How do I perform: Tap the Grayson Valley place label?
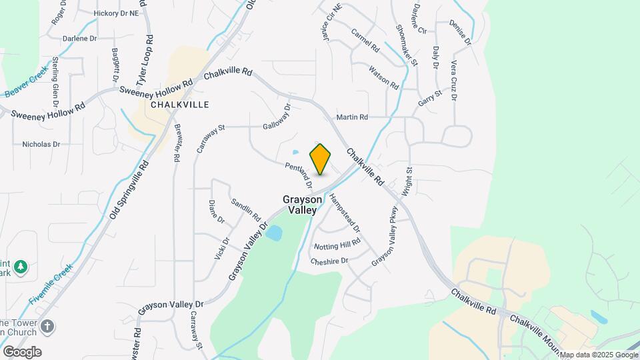tap(303, 205)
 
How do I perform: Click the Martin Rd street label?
tap(352, 117)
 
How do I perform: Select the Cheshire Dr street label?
tap(329, 261)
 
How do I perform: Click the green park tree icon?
tap(21, 267)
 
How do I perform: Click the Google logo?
tap(21, 352)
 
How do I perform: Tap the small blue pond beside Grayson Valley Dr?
tap(275, 233)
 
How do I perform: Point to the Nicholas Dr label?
tap(41, 144)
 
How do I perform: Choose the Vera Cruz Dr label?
tap(453, 81)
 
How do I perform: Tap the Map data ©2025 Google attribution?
tap(598, 355)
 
